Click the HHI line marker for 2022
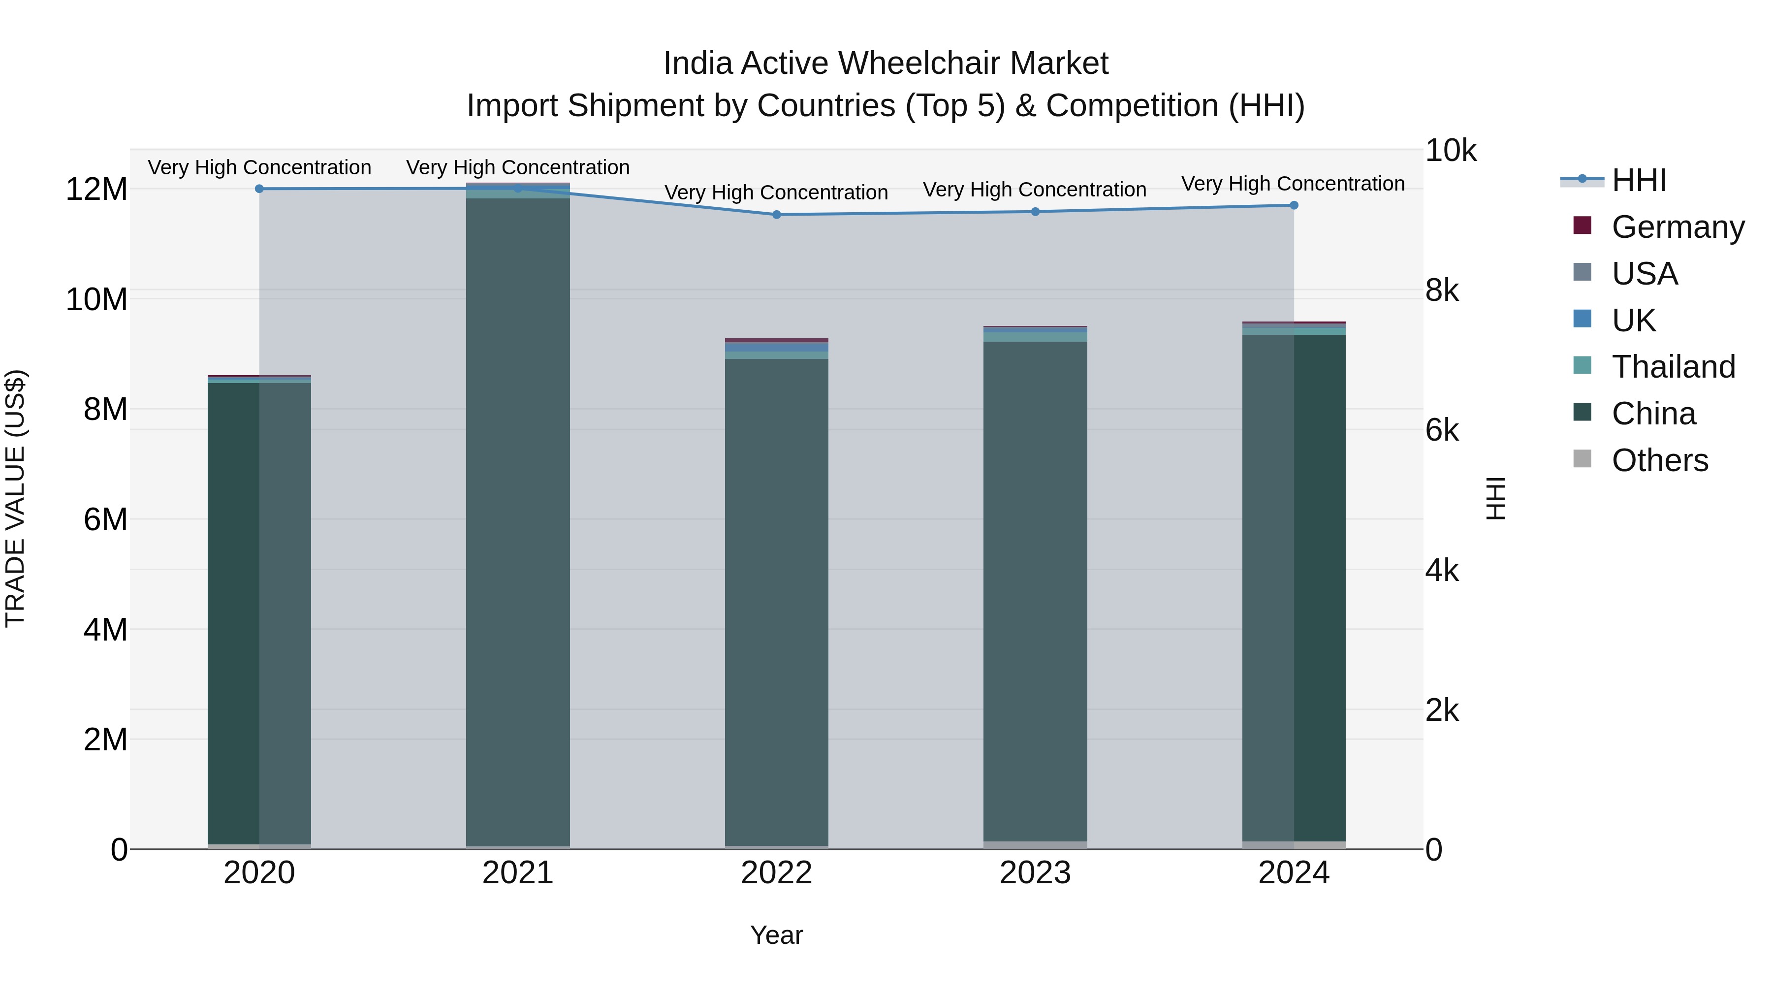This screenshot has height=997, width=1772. point(777,215)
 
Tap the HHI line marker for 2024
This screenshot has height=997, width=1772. point(1294,205)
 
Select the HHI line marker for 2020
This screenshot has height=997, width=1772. point(259,189)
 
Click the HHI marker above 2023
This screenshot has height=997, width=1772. point(1035,212)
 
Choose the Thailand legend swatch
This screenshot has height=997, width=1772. point(1582,366)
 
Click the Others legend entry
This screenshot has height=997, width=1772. point(1659,460)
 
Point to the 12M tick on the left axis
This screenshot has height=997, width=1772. point(96,189)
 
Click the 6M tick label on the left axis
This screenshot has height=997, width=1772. point(105,519)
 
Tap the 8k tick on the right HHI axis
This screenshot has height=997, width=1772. point(1442,290)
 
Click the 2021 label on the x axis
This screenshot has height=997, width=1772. point(518,873)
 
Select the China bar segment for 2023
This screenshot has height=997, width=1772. point(1035,592)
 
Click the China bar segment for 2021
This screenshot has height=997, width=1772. point(518,523)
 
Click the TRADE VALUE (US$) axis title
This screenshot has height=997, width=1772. point(15,498)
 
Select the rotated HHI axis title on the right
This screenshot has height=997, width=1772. point(1495,498)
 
